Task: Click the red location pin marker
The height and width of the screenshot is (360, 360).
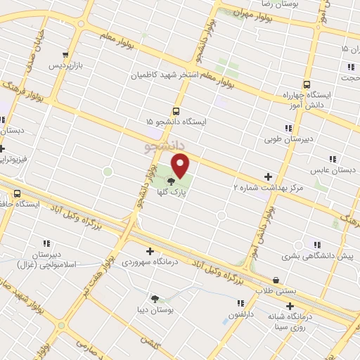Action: tap(181, 166)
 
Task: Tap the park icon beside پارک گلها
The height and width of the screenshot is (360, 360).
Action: tap(172, 183)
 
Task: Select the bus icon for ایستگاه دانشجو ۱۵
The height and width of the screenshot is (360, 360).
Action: tap(176, 111)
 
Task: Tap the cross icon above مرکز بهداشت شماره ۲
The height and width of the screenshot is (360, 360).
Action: tap(267, 176)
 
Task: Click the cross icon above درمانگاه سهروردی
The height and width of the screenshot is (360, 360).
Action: tap(149, 251)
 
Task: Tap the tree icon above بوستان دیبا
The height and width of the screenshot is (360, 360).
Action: tap(155, 298)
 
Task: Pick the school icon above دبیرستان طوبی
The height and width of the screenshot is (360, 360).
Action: tap(288, 128)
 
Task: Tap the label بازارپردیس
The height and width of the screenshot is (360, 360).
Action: tap(65, 66)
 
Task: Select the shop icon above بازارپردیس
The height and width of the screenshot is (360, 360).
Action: tap(66, 55)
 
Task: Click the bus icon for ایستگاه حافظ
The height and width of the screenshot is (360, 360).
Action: tap(17, 193)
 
